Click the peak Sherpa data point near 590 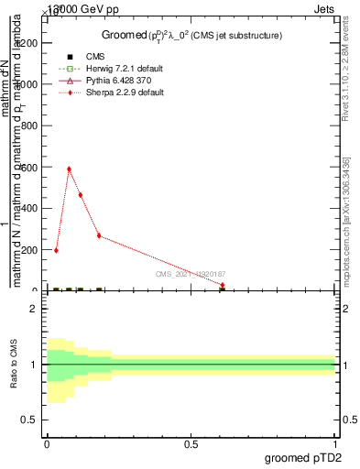click(69, 169)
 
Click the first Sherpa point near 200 click(56, 250)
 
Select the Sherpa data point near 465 click(81, 194)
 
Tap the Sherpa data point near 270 click(99, 235)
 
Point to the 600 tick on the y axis click(34, 167)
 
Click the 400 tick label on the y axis click(34, 208)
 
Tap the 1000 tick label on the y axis click(31, 84)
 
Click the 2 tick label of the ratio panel click(34, 309)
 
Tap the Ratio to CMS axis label click(14, 364)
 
